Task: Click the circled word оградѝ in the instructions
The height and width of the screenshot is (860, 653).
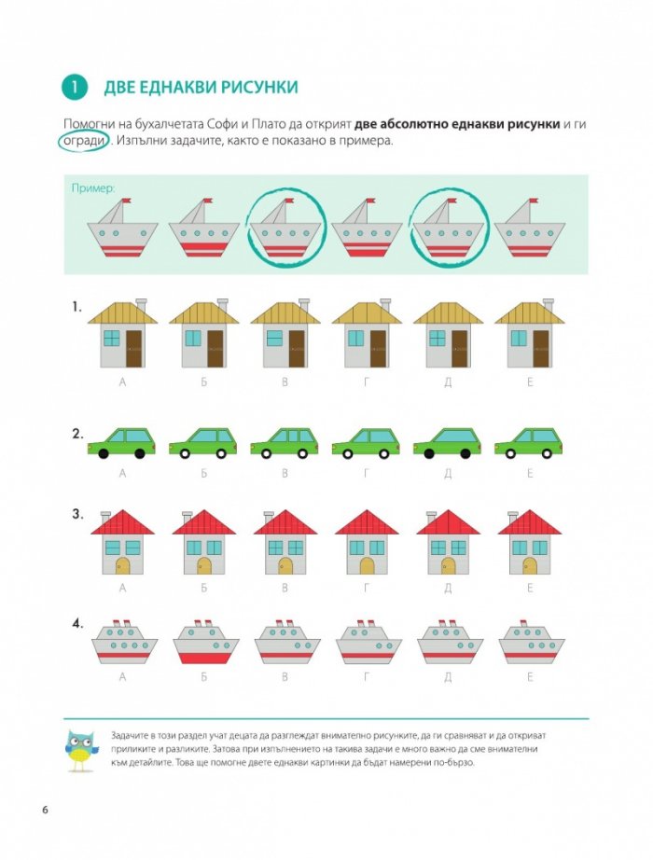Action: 84,141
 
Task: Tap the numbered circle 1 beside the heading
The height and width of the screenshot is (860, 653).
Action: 76,87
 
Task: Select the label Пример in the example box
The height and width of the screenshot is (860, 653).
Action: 93,188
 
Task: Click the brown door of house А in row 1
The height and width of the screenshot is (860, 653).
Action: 134,349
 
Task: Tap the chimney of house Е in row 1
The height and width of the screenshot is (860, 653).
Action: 547,305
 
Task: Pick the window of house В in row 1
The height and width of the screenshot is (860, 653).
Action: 274,338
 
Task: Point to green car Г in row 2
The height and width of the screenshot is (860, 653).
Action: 366,443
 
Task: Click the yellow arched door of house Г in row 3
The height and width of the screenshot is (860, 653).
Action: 367,565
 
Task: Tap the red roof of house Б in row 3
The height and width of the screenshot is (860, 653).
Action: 203,522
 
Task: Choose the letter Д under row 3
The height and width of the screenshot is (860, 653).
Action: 448,588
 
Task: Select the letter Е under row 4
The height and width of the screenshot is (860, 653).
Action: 530,677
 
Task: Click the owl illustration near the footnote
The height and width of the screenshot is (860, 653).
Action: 82,751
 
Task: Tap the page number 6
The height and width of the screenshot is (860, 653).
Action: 45,810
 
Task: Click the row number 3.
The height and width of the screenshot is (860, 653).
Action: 77,515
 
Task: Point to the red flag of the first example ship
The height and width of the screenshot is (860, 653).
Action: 126,201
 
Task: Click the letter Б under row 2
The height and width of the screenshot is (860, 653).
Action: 203,473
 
